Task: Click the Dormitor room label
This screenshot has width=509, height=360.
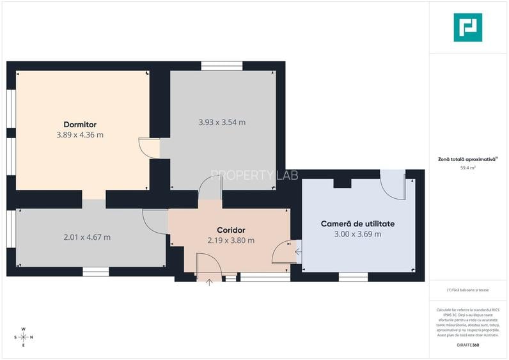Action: click(x=80, y=124)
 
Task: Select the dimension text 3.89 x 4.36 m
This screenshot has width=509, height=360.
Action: click(x=80, y=135)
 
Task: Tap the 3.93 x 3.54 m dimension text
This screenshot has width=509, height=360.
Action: click(x=222, y=122)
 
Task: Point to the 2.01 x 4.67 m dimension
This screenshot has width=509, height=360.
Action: click(x=87, y=237)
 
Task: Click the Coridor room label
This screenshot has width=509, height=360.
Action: click(x=231, y=230)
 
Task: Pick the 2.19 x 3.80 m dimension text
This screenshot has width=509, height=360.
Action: click(x=231, y=240)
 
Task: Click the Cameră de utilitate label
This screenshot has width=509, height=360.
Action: click(x=357, y=224)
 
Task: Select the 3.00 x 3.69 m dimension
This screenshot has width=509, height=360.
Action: click(x=357, y=234)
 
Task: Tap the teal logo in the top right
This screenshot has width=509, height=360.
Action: click(x=467, y=27)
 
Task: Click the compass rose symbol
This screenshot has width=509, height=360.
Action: click(x=23, y=336)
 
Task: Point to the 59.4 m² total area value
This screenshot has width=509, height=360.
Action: click(x=467, y=168)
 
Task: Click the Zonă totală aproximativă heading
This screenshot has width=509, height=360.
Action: click(x=467, y=159)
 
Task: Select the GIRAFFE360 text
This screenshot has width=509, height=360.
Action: click(x=467, y=345)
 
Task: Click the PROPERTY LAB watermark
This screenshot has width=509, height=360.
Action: click(x=254, y=175)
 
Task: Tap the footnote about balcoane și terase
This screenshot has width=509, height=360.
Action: click(x=467, y=290)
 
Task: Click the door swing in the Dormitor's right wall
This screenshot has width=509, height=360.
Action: click(x=149, y=148)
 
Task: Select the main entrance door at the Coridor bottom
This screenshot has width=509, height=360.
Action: click(x=208, y=267)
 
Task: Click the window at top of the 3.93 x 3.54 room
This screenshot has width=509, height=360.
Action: click(x=222, y=65)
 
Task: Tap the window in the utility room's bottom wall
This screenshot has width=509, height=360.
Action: click(x=353, y=277)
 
